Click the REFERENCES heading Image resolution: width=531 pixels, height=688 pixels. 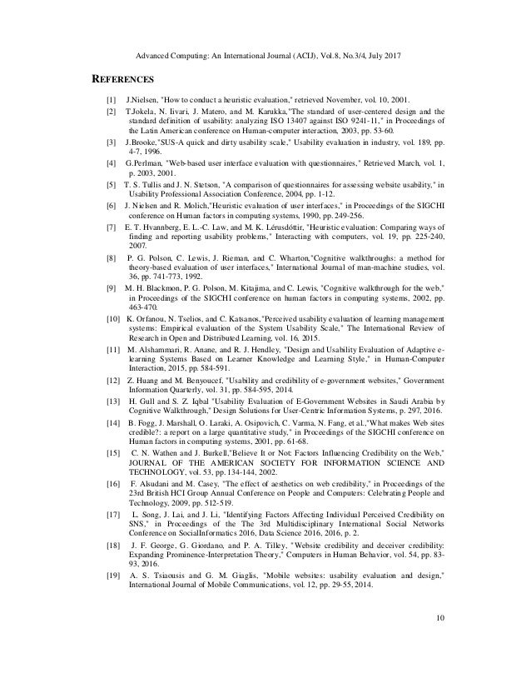(122, 80)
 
